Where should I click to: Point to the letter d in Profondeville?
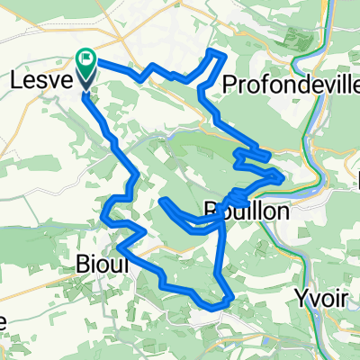[273, 84]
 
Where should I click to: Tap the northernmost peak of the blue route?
[216, 53]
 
